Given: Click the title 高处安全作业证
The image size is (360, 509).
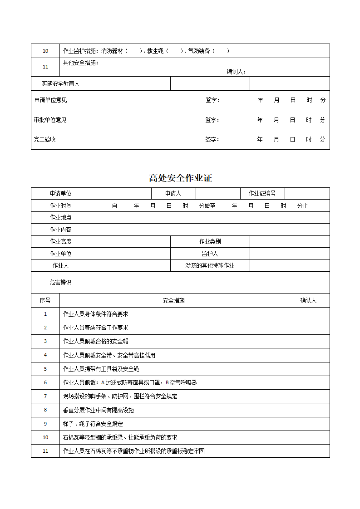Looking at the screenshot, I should click(180, 178).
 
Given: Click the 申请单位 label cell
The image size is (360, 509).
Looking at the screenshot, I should click(61, 193).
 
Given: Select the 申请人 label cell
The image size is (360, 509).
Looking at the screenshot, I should click(173, 193).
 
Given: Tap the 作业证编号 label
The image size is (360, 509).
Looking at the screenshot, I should click(262, 193).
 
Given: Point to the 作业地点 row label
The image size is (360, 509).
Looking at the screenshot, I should click(61, 217).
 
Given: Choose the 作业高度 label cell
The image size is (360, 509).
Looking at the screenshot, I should click(61, 241).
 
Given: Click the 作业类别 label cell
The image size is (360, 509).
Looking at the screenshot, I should click(210, 241).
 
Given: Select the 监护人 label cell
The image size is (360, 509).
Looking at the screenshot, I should click(210, 254).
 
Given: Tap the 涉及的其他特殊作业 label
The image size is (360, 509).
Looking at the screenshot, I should click(210, 265).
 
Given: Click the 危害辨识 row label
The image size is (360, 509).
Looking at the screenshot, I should click(61, 282).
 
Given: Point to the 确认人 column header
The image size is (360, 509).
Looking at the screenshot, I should click(309, 300).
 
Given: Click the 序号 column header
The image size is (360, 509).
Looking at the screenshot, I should click(45, 300).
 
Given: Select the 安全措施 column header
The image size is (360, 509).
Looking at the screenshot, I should click(173, 300).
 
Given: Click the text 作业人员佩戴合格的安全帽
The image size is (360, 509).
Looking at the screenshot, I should click(96, 341).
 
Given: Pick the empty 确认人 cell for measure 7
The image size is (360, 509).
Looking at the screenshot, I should click(309, 396).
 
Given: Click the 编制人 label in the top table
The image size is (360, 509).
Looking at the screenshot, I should click(236, 72).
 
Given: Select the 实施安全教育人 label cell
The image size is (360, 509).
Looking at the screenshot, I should click(61, 83).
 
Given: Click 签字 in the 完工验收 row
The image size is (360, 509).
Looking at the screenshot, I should click(212, 139).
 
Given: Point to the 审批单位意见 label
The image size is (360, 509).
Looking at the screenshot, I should click(50, 120).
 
